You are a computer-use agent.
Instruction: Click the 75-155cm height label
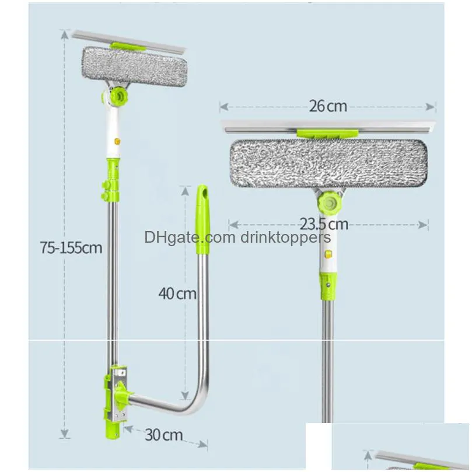[71, 247]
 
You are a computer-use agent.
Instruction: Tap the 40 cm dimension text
[177, 293]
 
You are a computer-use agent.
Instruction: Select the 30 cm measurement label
[164, 434]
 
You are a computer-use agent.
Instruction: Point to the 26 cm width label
[328, 106]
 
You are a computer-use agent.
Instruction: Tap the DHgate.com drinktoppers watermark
[237, 237]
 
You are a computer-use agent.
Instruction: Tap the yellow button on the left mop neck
[117, 141]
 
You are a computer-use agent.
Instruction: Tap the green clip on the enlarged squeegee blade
[327, 134]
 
